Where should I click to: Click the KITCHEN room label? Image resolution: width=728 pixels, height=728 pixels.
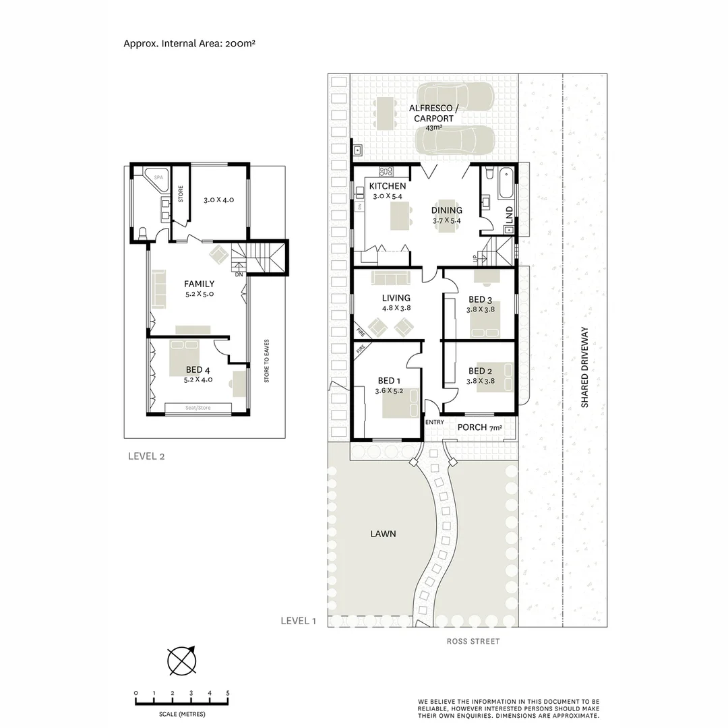[388, 186]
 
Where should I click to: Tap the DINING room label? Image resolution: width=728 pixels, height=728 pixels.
[447, 210]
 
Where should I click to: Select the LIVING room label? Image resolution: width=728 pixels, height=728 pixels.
[396, 297]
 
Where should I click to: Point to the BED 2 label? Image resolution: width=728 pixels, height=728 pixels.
[480, 371]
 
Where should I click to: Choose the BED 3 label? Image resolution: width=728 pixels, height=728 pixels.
[480, 300]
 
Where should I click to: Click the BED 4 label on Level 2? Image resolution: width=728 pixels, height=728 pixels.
[198, 370]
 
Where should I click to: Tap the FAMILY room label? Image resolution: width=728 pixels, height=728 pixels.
[199, 284]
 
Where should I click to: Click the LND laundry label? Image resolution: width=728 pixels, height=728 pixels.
[510, 215]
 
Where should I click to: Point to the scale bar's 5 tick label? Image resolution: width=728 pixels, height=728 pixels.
[228, 693]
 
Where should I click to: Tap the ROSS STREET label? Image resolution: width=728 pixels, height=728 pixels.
[473, 641]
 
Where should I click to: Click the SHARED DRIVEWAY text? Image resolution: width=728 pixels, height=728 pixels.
[585, 367]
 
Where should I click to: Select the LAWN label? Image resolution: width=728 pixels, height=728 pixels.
[382, 534]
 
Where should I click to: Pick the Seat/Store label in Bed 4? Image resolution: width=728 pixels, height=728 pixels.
[199, 407]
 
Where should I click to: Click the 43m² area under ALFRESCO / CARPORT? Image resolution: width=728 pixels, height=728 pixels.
[433, 127]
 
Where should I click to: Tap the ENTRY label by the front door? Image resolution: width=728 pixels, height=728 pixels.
[434, 423]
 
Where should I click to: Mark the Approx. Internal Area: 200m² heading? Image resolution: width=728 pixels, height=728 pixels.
[189, 42]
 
